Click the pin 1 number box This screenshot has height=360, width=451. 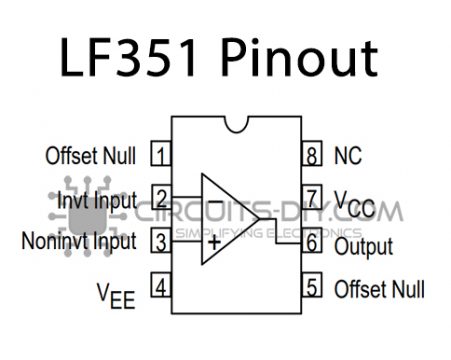pos(160,155)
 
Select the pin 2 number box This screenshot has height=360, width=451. pos(160,198)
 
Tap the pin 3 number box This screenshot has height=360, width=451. pos(160,241)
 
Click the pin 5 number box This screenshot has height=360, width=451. pos(313,288)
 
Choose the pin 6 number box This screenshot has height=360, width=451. pos(313,243)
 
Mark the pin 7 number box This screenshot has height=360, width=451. pos(313,198)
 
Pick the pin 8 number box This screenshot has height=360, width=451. pos(313,155)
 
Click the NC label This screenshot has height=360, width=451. pos(347,155)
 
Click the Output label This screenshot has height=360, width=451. pos(364,245)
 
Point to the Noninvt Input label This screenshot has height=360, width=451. pos(79,241)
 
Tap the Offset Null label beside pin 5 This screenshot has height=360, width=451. pos(377,288)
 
